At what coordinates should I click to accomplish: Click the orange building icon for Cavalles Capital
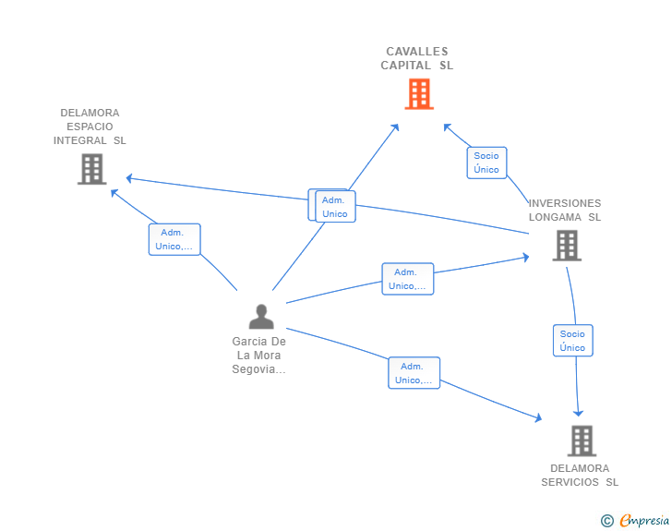pos(418,93)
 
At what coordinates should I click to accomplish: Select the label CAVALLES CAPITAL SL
pos(417,58)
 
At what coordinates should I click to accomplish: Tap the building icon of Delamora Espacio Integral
pos(91,169)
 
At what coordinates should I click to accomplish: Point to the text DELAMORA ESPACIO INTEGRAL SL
pos(90,127)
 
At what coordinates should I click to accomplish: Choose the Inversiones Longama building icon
pos(566,246)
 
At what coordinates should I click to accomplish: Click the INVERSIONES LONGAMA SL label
pos(564,210)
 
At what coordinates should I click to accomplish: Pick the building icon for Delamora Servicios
pos(582,440)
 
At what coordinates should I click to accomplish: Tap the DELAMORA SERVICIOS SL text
pos(580,475)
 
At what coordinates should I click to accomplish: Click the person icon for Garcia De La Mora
pos(261,317)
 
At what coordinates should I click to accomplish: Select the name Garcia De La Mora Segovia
pos(259,356)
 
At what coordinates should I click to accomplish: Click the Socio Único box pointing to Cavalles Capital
pos(486,163)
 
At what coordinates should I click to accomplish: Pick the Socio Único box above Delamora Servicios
pos(572,341)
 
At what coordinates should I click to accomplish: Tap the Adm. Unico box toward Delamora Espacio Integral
pos(174,239)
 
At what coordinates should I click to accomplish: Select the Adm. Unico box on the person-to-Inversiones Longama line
pos(408,279)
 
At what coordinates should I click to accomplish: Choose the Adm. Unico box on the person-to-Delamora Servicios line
pos(414,373)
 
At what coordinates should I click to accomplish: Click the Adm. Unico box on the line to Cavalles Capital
pos(335,207)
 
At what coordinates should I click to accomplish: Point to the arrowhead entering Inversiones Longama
pos(525,258)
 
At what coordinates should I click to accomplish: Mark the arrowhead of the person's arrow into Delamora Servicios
pos(537,418)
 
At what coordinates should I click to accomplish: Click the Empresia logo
pos(644,521)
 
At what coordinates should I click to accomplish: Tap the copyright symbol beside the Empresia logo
pos(606,522)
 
